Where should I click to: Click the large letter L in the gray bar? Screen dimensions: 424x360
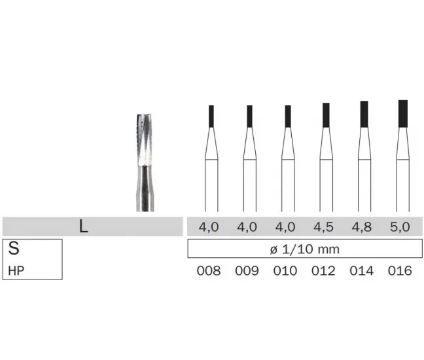84,226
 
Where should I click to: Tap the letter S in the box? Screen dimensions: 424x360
14,248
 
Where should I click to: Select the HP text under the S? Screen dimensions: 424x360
16,271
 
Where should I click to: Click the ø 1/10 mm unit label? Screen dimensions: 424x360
305,249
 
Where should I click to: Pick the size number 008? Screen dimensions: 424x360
209,271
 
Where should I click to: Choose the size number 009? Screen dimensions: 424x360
247,271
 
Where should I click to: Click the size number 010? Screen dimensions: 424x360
285,271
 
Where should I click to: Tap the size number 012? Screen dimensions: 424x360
323,271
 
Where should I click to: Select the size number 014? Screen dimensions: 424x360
362,271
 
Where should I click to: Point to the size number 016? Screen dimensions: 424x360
400,271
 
